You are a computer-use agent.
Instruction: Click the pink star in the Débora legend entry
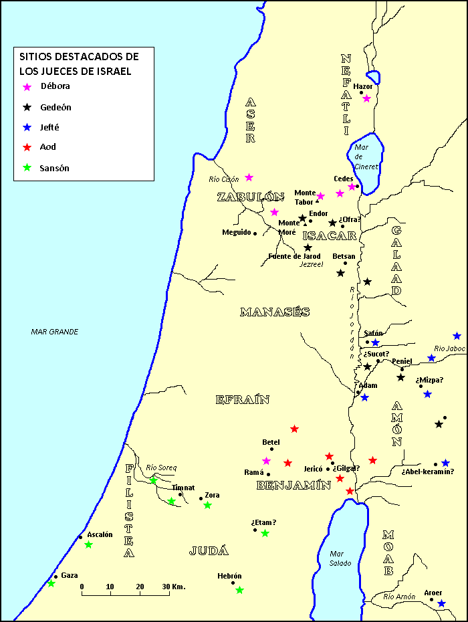click(27, 87)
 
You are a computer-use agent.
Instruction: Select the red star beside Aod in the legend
click(27, 147)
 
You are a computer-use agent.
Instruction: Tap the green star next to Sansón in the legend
click(27, 168)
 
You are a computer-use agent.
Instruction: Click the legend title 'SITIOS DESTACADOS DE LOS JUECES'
click(79, 64)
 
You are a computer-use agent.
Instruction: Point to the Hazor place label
click(362, 86)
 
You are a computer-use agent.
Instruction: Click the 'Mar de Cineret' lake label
click(366, 157)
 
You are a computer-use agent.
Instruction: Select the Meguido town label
click(236, 233)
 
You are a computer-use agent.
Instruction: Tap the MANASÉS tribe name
click(274, 312)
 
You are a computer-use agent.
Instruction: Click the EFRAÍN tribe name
click(242, 400)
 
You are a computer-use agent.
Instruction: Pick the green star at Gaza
click(51, 584)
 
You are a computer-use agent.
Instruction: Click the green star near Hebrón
click(239, 590)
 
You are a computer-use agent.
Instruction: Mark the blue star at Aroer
click(441, 603)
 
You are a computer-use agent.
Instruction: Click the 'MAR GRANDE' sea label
click(55, 332)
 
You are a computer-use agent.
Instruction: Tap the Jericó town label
click(313, 469)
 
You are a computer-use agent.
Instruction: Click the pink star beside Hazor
click(366, 99)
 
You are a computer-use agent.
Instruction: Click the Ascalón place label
click(100, 534)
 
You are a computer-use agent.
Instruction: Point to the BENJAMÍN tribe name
click(294, 486)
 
